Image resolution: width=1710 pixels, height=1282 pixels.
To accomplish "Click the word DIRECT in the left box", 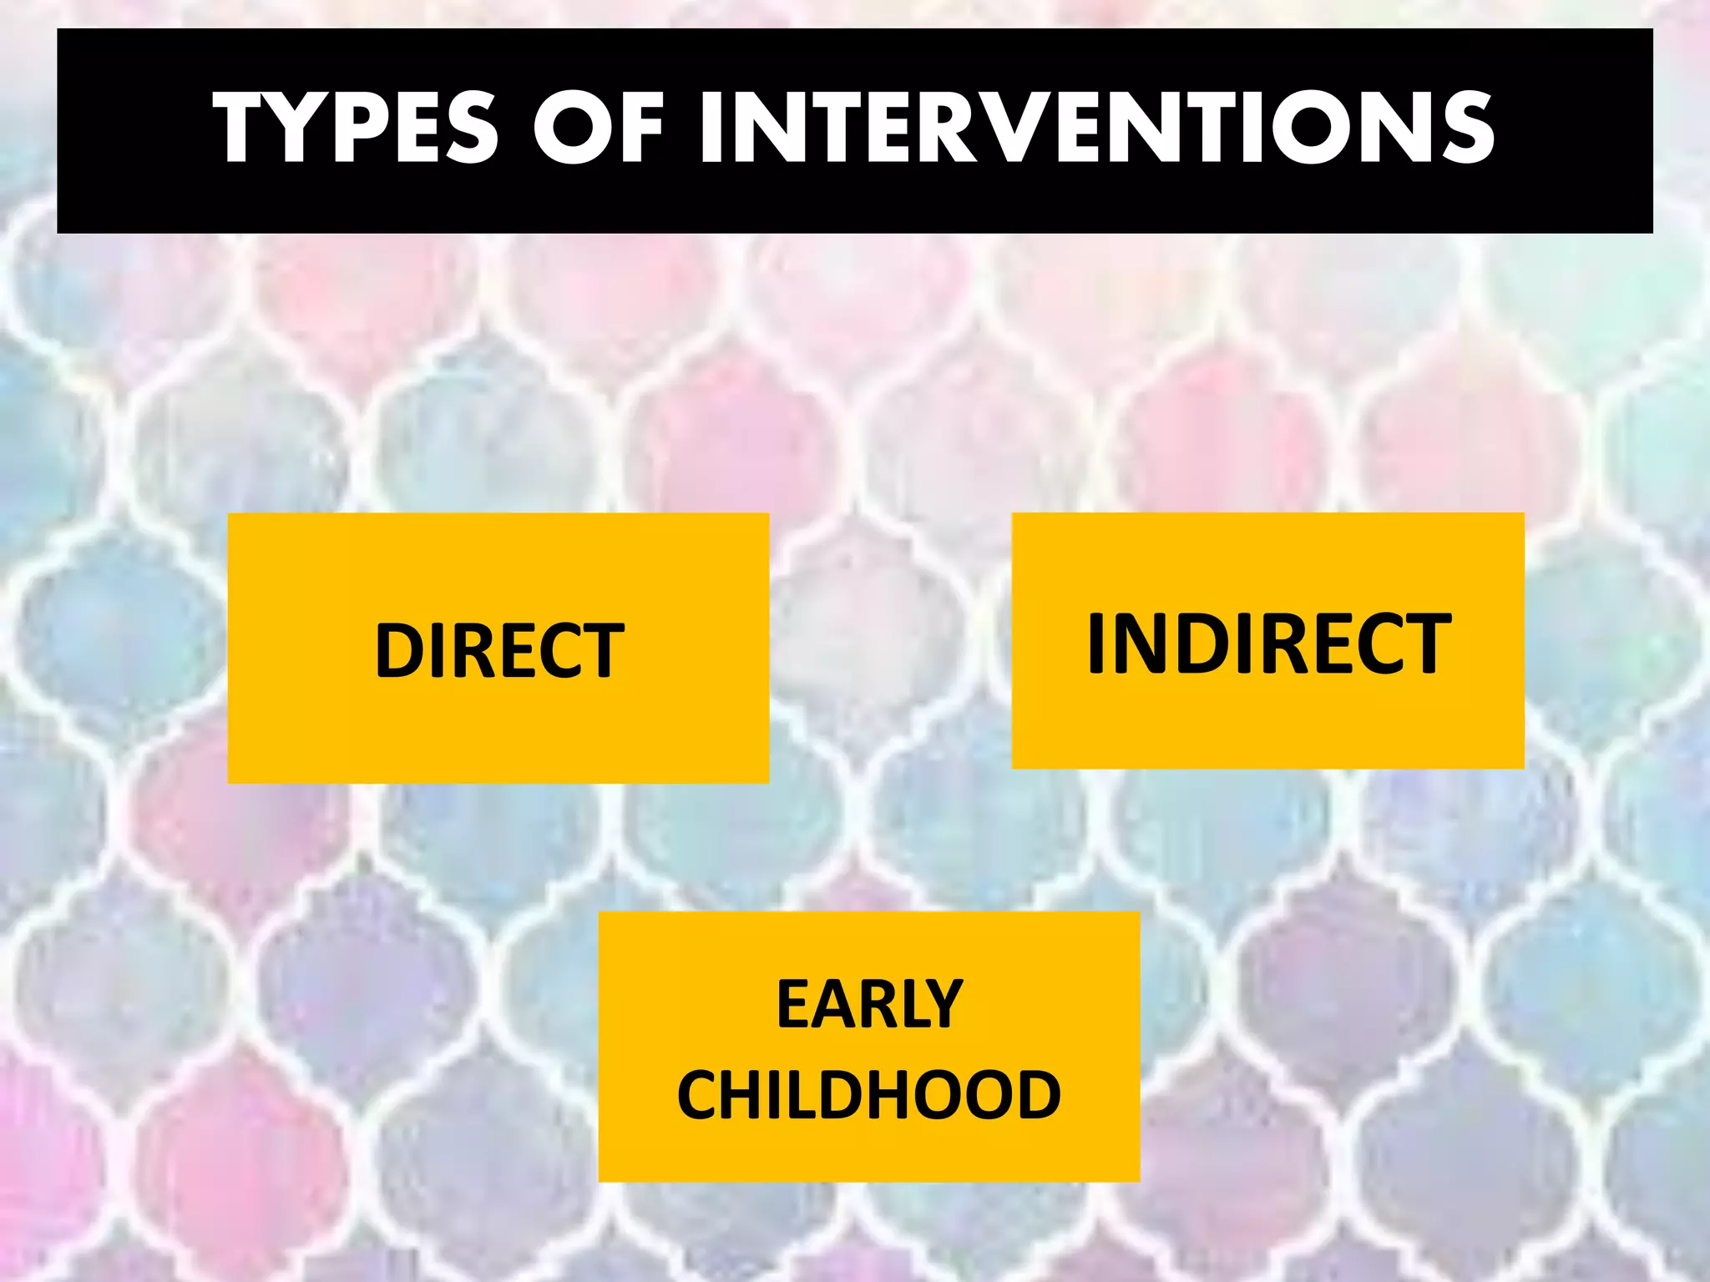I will pos(499,651).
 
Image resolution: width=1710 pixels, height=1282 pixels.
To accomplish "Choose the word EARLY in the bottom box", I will pos(870,1005).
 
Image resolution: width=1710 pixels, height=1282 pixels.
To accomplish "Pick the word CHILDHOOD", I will pos(869,1095).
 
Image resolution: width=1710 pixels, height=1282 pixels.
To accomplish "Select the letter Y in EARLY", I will pos(942,1005).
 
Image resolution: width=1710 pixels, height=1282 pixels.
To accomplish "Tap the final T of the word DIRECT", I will pos(602,651).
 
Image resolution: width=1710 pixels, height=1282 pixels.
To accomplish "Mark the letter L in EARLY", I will pos(906,1005).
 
